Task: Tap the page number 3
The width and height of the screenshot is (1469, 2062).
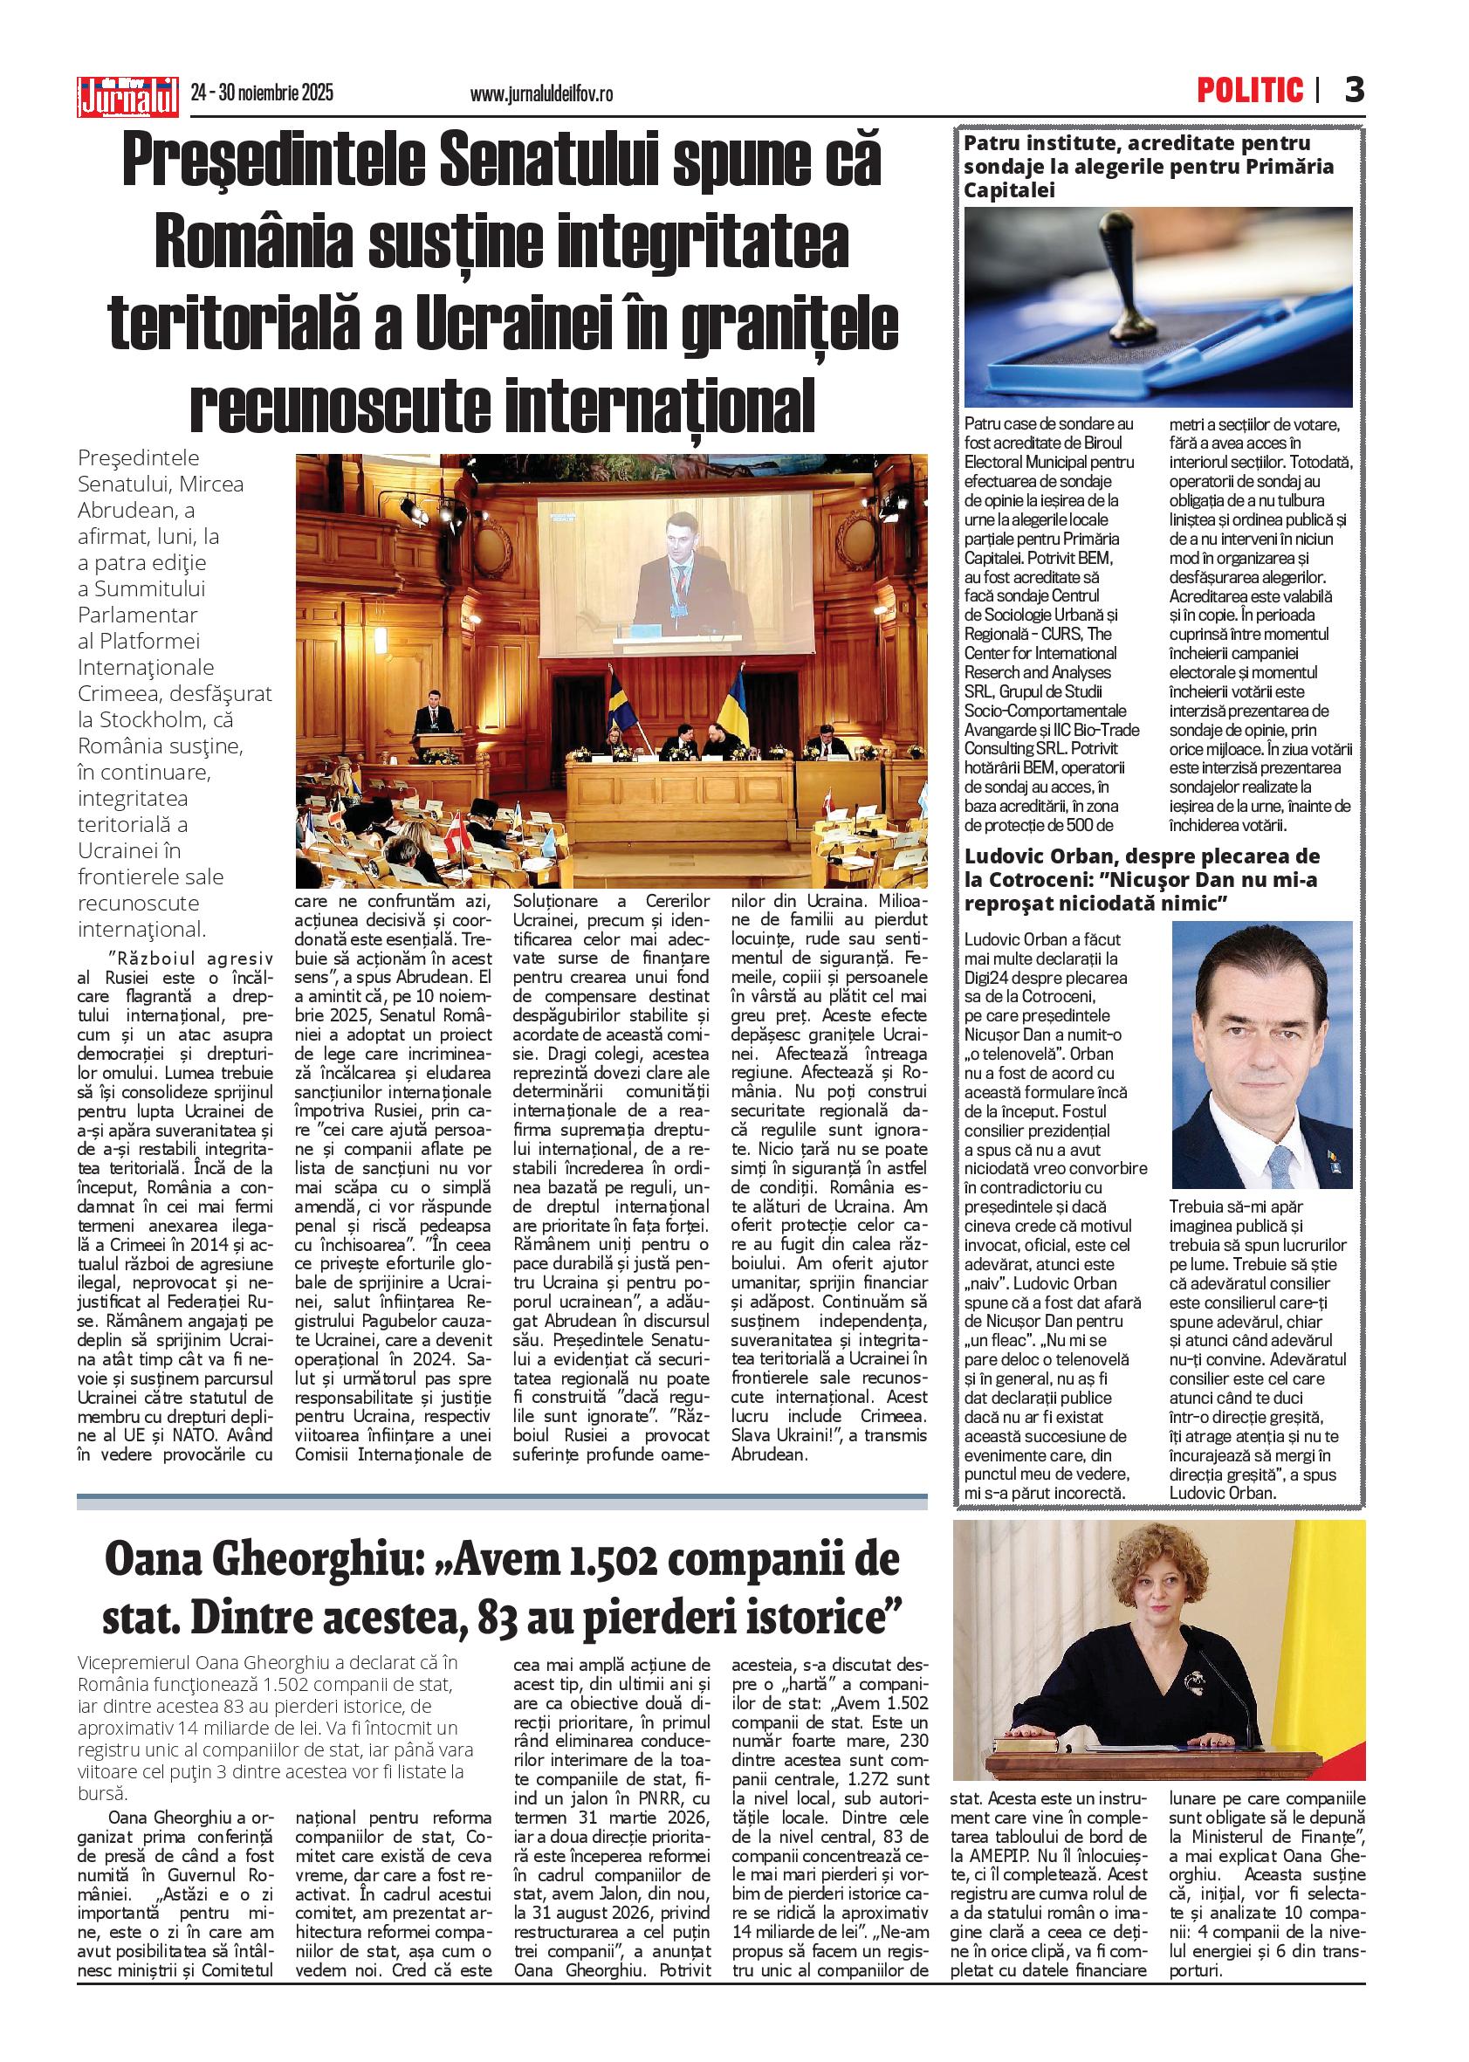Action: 1353,91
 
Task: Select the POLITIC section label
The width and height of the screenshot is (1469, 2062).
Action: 1250,91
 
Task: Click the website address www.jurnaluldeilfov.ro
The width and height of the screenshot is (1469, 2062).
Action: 541,93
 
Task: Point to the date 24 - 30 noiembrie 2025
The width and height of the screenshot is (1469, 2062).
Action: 263,93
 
